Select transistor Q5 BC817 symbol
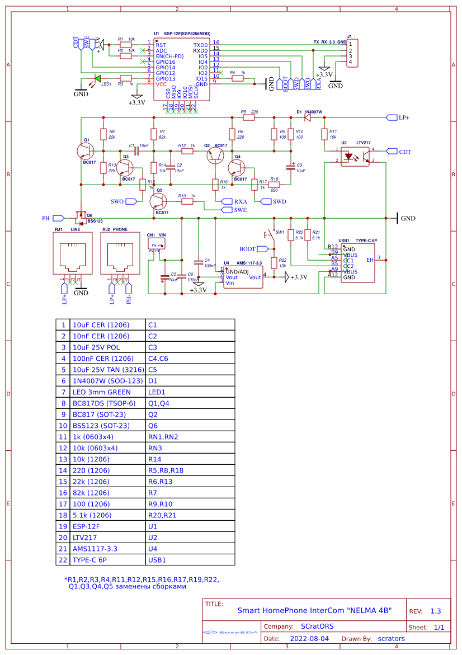click(x=159, y=202)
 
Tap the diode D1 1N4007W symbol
click(x=307, y=117)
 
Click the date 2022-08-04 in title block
click(x=309, y=638)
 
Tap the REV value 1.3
click(x=436, y=611)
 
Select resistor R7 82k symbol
click(x=154, y=134)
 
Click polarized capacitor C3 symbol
click(x=291, y=167)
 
